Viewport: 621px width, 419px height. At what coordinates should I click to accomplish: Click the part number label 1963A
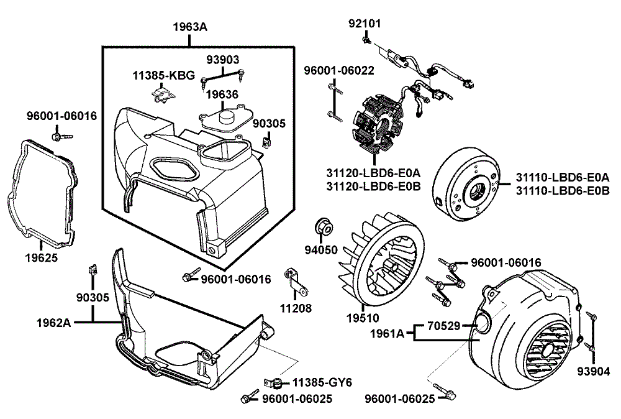(190, 27)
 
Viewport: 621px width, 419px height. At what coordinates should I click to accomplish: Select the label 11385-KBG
(163, 76)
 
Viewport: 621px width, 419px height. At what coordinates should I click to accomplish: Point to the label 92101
(365, 24)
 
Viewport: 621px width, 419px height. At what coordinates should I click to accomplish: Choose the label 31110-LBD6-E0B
(563, 190)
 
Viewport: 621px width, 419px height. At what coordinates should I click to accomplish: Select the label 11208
(295, 308)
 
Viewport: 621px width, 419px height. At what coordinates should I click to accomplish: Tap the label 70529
(443, 325)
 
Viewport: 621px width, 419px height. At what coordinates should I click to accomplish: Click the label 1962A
(54, 322)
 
